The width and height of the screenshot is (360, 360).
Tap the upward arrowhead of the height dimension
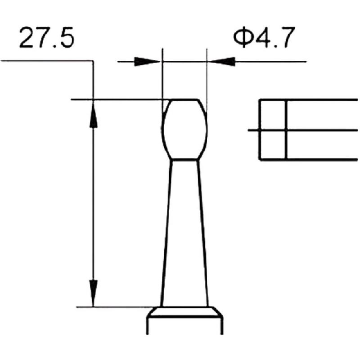coord(93,112)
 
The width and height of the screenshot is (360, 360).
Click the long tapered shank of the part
coord(185,234)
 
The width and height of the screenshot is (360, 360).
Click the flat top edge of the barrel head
coord(185,99)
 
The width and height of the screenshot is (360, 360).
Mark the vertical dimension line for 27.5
coord(93,202)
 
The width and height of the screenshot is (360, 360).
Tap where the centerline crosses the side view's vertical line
coord(286,130)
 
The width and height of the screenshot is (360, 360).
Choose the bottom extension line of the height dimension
coord(117,307)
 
